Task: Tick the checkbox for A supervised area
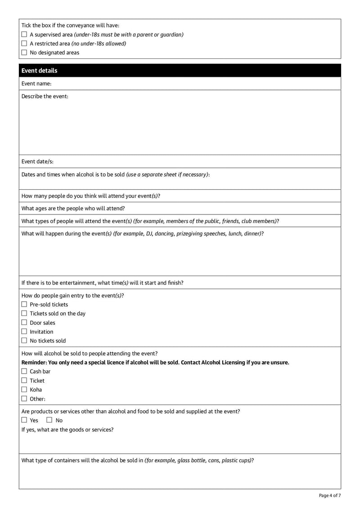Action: pos(24,35)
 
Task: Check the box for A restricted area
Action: pos(24,44)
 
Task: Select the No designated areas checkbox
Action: pos(24,53)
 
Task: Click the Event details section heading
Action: pos(39,71)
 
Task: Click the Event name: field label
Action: pos(36,84)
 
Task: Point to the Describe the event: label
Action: pos(45,96)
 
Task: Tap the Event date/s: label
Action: pos(37,161)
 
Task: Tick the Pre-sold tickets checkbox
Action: pos(24,304)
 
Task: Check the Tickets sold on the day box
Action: pos(24,313)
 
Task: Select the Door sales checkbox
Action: pos(24,323)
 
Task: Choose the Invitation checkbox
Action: pos(24,332)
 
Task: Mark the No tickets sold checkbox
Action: pos(24,341)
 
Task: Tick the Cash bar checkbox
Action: pos(24,371)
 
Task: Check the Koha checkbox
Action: pos(24,390)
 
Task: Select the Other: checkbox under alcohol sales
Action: pos(24,399)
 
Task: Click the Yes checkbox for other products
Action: pos(24,420)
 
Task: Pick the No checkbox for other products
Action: pos(49,420)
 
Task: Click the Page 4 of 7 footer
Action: pos(329,495)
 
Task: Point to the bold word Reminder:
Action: pos(34,362)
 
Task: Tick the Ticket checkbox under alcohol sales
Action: pos(24,381)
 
